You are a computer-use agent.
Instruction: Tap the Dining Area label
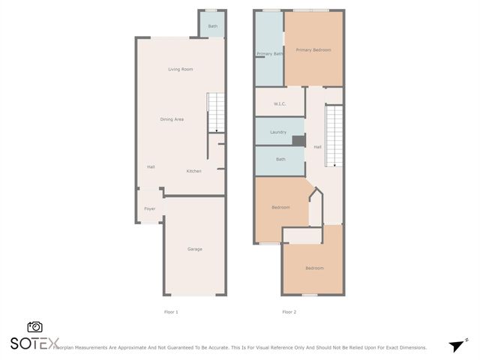[x=172, y=119]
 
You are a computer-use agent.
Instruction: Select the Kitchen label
[x=193, y=172]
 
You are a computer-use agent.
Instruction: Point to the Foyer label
[x=150, y=208]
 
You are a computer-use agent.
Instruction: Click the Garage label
[x=194, y=249]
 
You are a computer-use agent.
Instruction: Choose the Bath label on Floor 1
[x=212, y=26]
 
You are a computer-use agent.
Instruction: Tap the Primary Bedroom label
[x=313, y=50]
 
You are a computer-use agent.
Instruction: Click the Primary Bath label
[x=269, y=54]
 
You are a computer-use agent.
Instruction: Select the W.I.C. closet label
[x=279, y=103]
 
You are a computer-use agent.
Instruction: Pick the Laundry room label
[x=278, y=132]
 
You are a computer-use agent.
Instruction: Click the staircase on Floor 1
[x=216, y=112]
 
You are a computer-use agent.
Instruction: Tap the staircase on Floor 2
[x=333, y=136]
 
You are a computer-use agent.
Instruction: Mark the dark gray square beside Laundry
[x=298, y=140]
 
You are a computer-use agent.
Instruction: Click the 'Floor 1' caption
[x=171, y=311]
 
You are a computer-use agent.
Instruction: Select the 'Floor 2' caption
[x=289, y=311]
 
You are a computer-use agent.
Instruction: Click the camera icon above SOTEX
[x=34, y=327]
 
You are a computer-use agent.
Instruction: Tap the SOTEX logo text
[x=34, y=343]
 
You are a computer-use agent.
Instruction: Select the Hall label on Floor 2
[x=317, y=147]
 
